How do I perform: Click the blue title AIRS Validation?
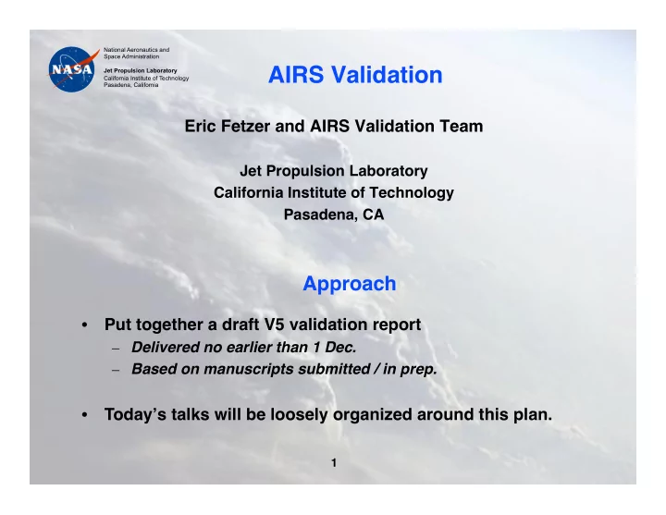tap(355, 75)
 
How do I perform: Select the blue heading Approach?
tap(349, 284)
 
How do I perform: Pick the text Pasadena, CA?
tap(334, 215)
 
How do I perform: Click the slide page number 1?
tap(334, 463)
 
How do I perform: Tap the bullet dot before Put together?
tap(84, 325)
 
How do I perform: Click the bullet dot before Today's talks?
tap(84, 415)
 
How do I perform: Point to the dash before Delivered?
tap(116, 349)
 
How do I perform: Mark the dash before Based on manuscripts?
tap(116, 370)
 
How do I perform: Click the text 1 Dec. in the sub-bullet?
tap(335, 348)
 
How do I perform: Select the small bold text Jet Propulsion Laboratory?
tap(141, 70)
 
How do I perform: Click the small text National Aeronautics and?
tap(136, 50)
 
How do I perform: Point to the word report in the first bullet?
tap(397, 325)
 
